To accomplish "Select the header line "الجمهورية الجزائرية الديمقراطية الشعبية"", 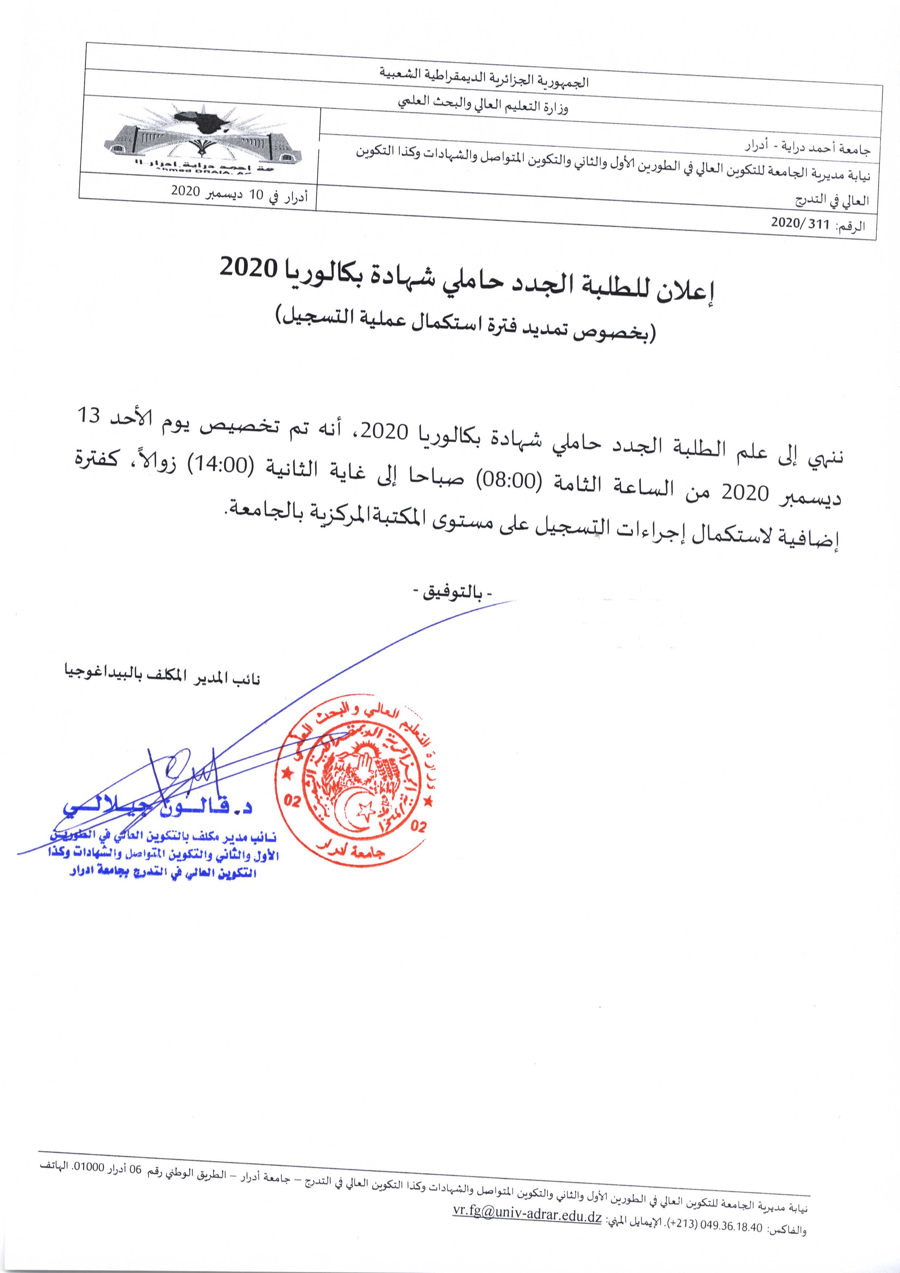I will click(x=484, y=78).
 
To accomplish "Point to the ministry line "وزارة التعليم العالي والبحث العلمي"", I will click(x=484, y=105).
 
